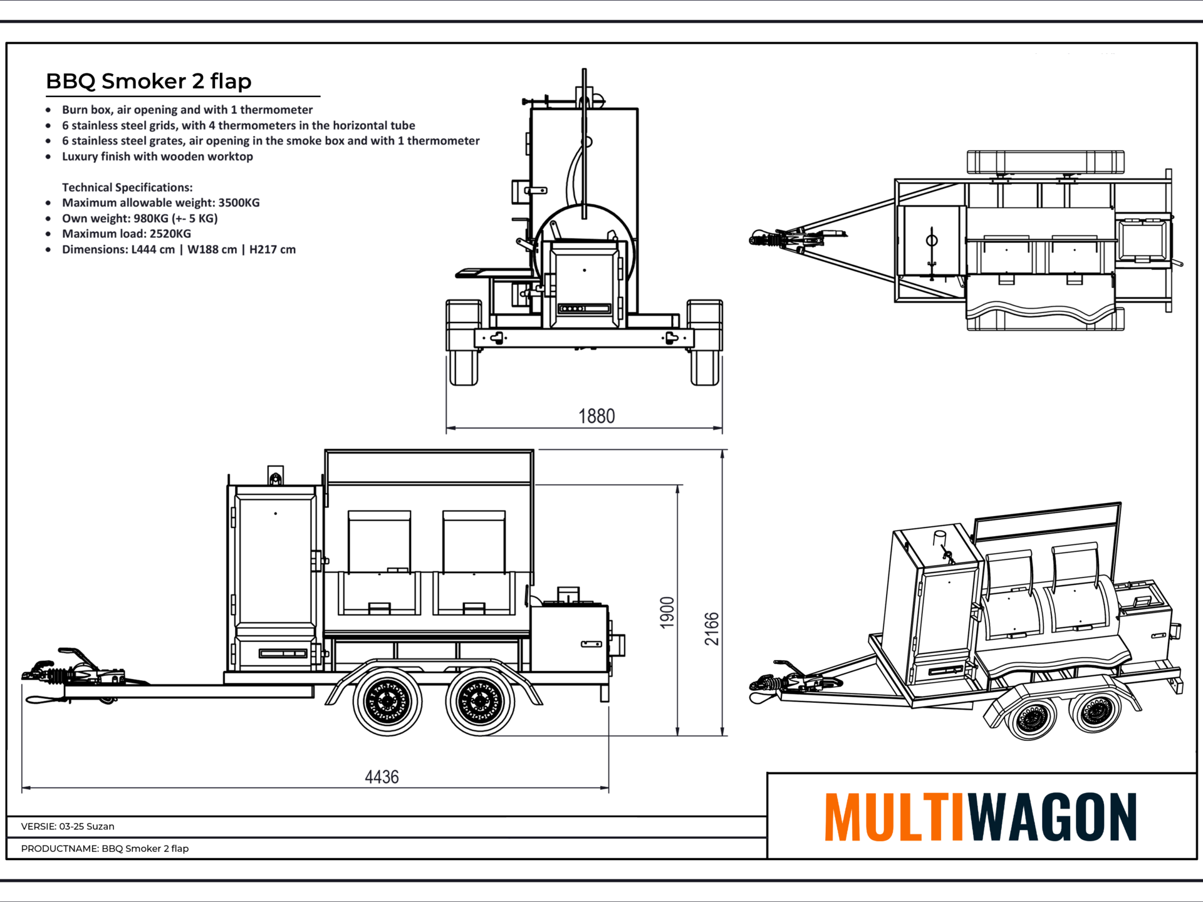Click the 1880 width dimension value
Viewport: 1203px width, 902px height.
(596, 416)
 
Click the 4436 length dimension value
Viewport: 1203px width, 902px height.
(382, 777)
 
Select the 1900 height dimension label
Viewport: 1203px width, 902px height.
(667, 612)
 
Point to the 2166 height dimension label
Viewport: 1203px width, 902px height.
(712, 628)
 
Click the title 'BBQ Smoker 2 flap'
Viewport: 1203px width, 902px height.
(148, 81)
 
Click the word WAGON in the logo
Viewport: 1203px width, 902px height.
(1053, 817)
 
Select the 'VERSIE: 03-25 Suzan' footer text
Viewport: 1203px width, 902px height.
(68, 826)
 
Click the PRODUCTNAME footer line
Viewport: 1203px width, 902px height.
(105, 848)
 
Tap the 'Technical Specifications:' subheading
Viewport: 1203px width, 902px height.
(127, 187)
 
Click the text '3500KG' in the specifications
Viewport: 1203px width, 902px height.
(239, 202)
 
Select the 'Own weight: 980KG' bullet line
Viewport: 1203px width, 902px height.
(140, 218)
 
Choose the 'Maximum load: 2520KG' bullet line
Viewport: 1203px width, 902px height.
(127, 234)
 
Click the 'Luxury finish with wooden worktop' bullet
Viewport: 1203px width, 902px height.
(157, 157)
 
